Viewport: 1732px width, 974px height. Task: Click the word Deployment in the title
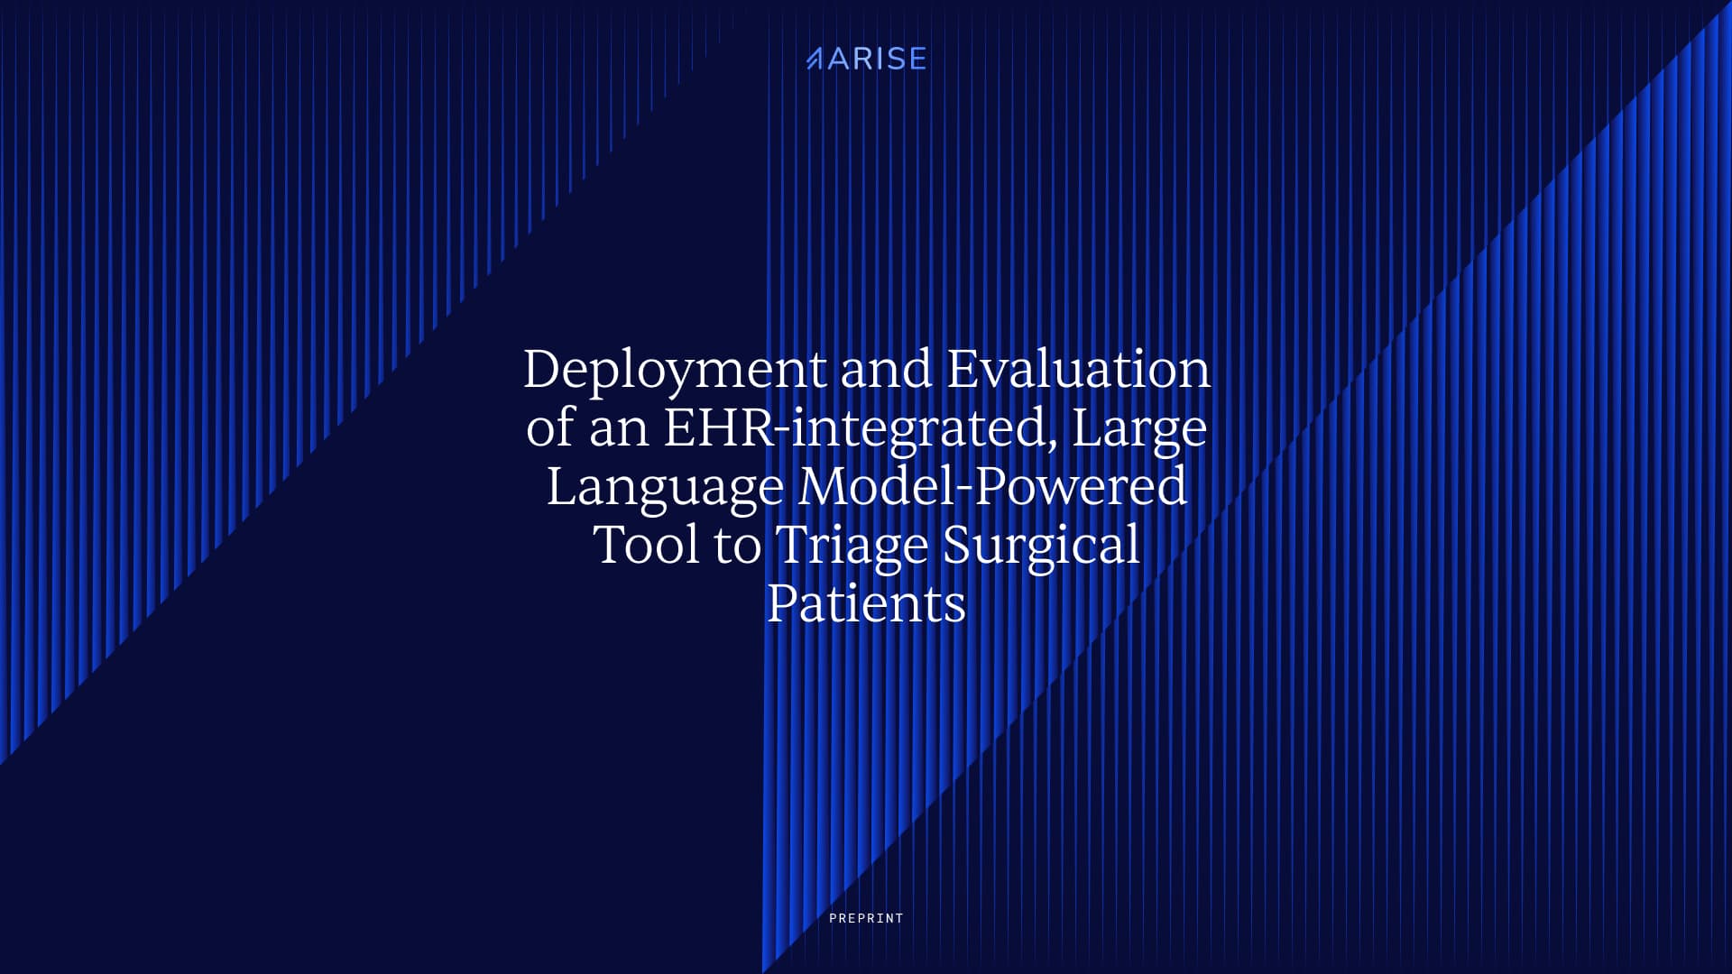click(675, 371)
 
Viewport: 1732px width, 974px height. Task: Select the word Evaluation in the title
click(1078, 369)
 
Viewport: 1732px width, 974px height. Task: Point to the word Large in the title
click(1139, 429)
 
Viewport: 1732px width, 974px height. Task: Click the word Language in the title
click(665, 488)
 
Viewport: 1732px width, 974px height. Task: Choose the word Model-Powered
click(992, 486)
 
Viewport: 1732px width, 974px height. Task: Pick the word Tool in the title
click(646, 545)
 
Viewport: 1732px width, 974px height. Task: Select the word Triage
click(852, 547)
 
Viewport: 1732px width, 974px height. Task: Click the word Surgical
click(1041, 547)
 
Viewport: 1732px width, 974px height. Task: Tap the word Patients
click(866, 603)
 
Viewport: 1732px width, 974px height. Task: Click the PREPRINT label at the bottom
click(866, 918)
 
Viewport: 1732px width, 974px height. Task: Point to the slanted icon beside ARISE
click(814, 60)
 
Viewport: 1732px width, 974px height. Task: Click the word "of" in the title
click(550, 427)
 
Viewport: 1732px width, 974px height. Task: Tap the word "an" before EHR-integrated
click(619, 429)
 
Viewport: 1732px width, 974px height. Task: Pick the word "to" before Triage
click(737, 547)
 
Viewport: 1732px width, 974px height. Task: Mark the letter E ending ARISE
click(917, 60)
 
